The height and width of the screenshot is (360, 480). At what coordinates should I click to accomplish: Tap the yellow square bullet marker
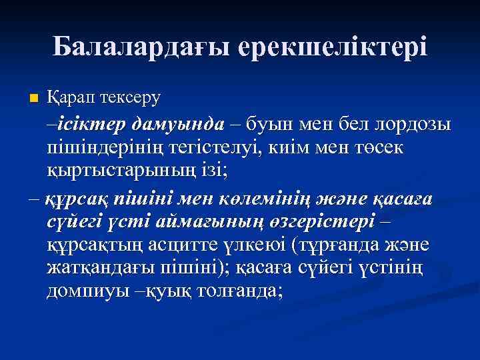pyautogui.click(x=35, y=99)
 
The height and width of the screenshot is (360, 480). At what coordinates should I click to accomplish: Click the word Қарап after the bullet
pyautogui.click(x=70, y=97)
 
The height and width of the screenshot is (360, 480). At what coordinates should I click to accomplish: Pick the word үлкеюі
pyautogui.click(x=259, y=244)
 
